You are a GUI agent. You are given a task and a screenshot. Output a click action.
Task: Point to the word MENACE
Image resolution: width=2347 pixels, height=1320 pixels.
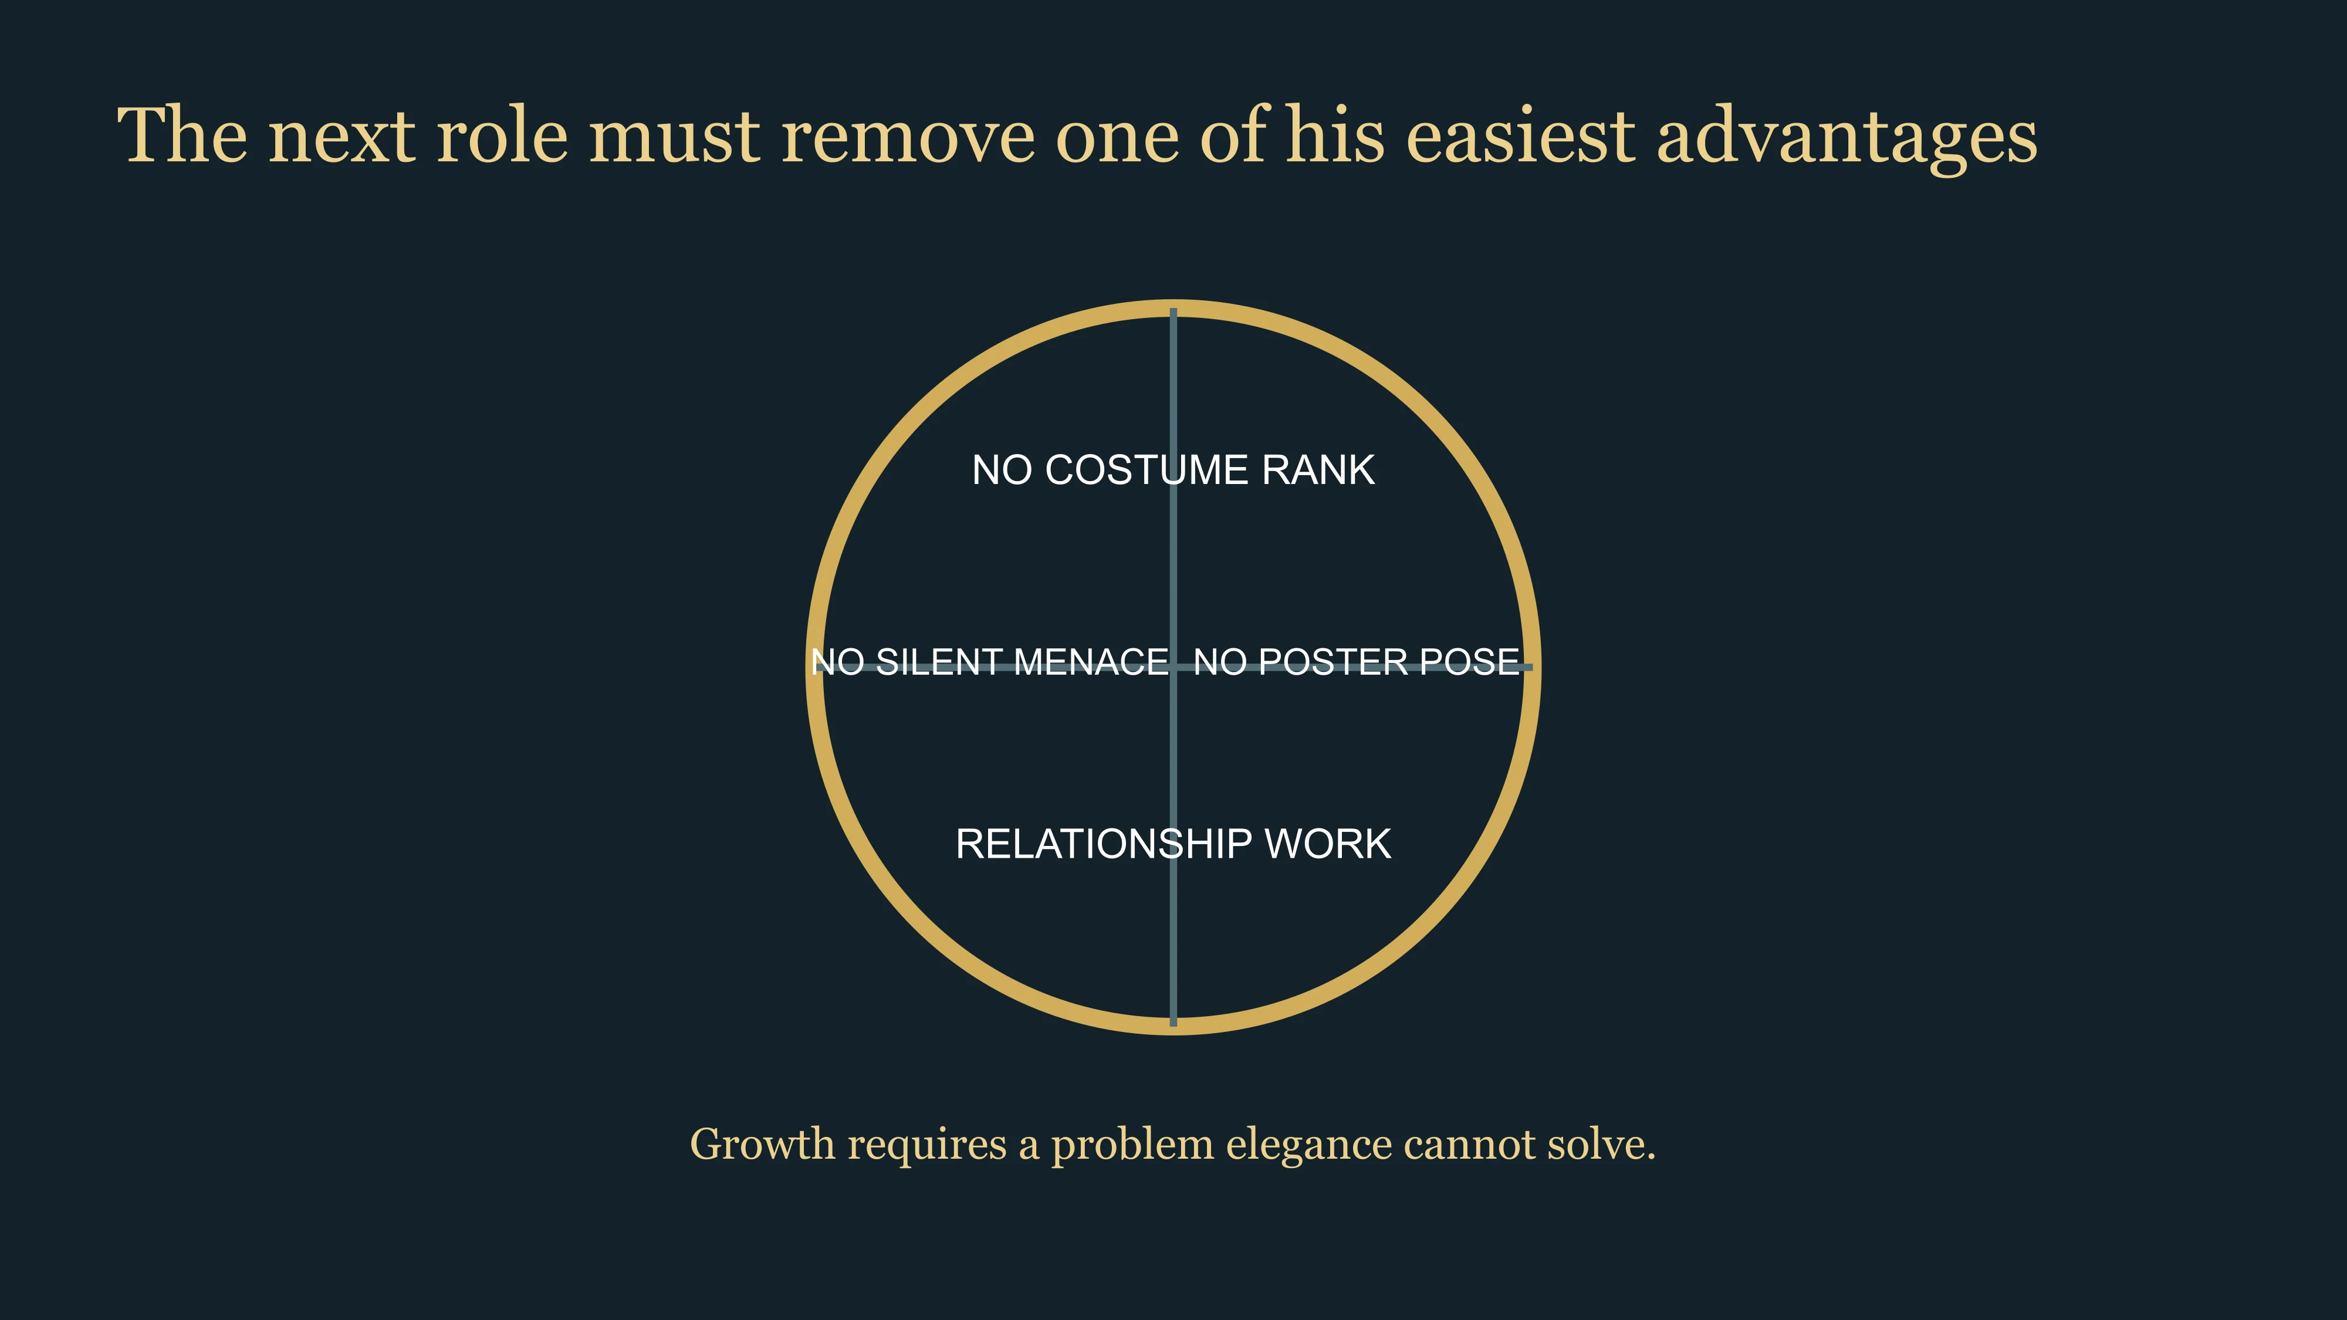(1091, 662)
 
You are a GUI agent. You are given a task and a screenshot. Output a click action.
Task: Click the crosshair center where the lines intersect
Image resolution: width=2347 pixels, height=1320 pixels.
(1173, 667)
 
